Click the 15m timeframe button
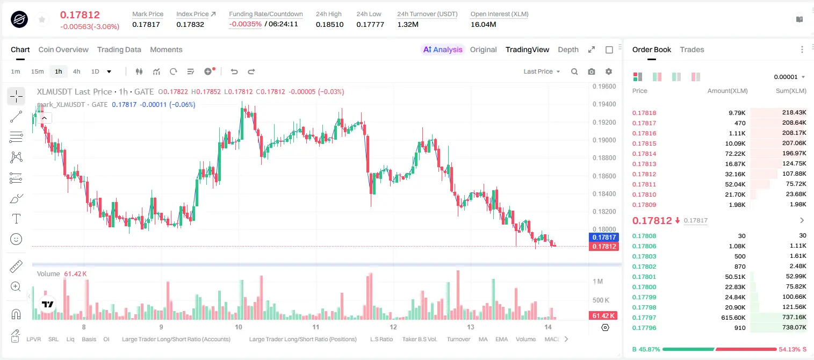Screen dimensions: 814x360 38,71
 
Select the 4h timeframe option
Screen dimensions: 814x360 76,71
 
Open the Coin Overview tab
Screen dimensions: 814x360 63,49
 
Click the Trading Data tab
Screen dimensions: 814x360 119,49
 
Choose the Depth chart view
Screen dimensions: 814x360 568,49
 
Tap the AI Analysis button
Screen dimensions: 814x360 443,49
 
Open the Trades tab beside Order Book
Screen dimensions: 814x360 692,49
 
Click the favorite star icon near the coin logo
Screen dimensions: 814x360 42,19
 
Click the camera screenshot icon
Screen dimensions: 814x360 592,71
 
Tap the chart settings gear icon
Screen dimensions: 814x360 609,71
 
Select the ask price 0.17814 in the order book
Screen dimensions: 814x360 644,154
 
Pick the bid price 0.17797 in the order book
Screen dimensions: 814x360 644,318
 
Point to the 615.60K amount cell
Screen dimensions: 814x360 733,318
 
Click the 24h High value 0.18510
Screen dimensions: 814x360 329,24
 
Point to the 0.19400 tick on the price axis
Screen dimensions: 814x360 604,104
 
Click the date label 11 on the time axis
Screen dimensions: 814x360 316,327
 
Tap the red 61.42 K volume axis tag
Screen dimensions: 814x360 603,316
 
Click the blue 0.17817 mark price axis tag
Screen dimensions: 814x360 604,237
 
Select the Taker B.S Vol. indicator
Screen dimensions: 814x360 419,339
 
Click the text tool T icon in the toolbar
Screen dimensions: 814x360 16,219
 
